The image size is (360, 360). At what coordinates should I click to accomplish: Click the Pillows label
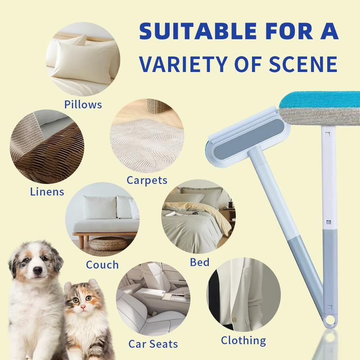(x=83, y=105)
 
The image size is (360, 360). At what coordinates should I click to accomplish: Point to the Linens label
(x=47, y=191)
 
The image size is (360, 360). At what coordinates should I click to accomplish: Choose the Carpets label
(x=147, y=180)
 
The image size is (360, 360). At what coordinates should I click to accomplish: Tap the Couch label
(x=102, y=264)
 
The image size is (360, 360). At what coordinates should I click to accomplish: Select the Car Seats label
(x=153, y=344)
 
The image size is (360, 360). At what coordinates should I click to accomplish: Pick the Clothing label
(x=243, y=340)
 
